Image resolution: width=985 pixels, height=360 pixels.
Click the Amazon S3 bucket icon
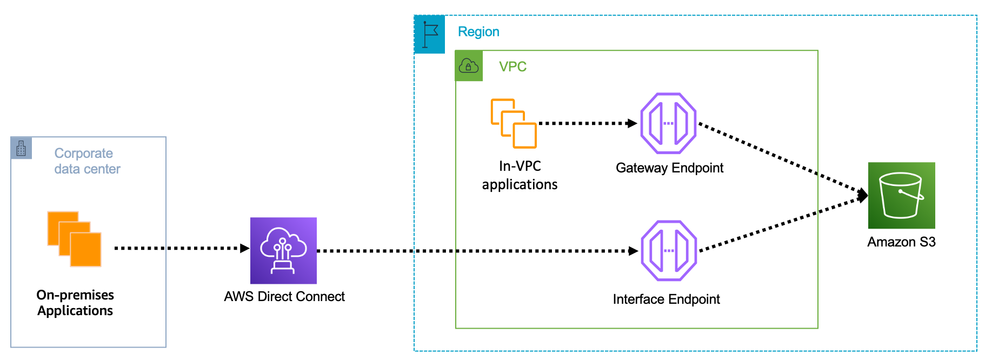click(x=901, y=195)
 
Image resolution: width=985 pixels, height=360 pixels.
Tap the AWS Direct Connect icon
click(x=283, y=250)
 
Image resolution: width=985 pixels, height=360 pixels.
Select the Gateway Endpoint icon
click(x=668, y=123)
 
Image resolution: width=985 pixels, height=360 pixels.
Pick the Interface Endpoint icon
click(x=669, y=250)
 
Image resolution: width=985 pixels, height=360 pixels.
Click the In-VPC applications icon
click(x=514, y=123)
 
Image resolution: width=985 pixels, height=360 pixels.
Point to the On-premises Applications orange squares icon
click(x=75, y=239)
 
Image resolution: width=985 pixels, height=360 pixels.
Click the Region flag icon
click(x=430, y=35)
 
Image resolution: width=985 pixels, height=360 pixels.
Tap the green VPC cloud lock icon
click(x=469, y=66)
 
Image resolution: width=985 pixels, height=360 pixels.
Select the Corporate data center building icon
click(x=21, y=148)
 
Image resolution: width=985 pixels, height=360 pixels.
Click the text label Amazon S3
click(x=901, y=242)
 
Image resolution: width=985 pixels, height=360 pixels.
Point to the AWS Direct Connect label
click(x=284, y=296)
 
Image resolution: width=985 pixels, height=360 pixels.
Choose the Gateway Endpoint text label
click(x=669, y=168)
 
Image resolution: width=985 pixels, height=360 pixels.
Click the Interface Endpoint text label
click(x=666, y=299)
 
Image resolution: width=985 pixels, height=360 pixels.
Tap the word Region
click(x=478, y=31)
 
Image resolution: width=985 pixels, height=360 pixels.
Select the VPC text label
click(x=513, y=66)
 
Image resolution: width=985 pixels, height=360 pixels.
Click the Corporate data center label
click(x=86, y=161)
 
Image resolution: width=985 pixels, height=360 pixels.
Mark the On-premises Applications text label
click(x=75, y=303)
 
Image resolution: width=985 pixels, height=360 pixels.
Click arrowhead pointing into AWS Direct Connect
click(x=245, y=248)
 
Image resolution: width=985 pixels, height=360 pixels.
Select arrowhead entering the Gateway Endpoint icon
click(x=632, y=123)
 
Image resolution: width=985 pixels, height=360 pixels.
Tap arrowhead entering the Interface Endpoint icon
click(x=633, y=251)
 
